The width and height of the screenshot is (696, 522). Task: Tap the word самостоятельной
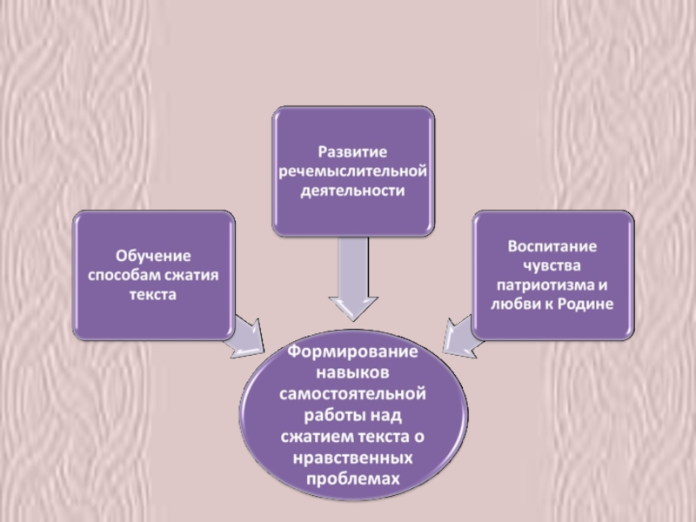[352, 396]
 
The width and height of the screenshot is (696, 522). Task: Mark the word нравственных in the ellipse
[352, 457]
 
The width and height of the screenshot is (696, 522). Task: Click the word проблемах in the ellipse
[352, 477]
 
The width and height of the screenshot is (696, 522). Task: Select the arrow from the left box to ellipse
[249, 335]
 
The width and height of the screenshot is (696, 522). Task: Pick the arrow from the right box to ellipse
[456, 336]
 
